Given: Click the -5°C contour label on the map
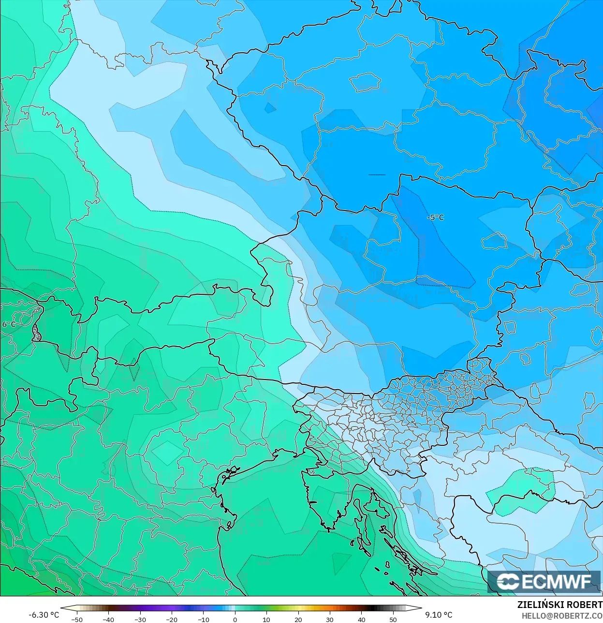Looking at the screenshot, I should (435, 217).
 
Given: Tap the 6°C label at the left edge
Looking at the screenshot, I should (8, 324).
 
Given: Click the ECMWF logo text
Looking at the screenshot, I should (556, 582).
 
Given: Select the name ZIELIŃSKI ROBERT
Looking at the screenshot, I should (559, 605).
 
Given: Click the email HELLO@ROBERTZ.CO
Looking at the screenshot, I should (562, 616).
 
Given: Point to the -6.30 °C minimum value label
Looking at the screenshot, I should (44, 615).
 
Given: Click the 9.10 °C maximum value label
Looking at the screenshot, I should (439, 615).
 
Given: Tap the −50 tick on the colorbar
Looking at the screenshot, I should (76, 619).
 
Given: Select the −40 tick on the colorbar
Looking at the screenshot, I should (108, 619).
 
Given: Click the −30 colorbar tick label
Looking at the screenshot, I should (140, 619).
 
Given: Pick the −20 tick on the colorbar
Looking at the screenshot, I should (172, 619).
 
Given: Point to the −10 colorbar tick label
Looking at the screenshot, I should (203, 619).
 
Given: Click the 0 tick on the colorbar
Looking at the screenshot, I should (235, 619).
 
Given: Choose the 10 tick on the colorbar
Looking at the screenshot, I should (266, 619).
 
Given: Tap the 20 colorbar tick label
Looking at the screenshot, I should (298, 619).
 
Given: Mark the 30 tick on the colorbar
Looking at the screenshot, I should (330, 619).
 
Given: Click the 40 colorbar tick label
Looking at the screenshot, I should (362, 619).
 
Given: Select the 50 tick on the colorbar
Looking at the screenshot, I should (393, 619).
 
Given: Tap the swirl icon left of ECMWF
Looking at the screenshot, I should (508, 582).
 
